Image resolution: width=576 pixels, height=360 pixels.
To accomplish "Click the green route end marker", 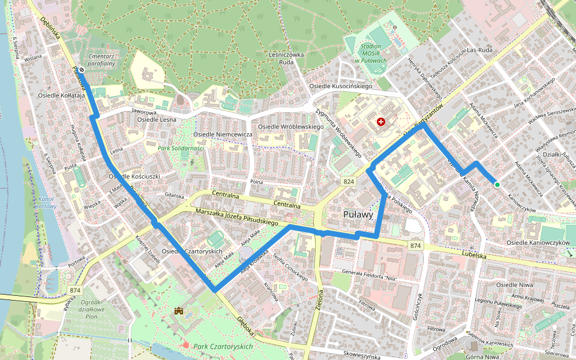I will pos(497,184).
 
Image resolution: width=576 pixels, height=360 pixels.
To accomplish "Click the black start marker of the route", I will pos(81,70).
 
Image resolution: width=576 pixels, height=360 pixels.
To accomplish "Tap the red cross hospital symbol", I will pos(380,122).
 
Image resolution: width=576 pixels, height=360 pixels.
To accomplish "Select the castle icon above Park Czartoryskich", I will pos(179,311).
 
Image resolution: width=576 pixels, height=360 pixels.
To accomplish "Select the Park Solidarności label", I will pos(181,148).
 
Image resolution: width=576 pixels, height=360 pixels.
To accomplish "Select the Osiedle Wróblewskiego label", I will pos(290,127).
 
